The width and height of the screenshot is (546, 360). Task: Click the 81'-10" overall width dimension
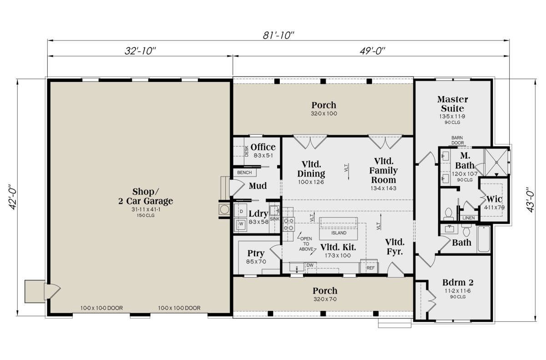pos(278,35)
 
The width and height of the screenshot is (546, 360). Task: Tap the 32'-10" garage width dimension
pos(140,51)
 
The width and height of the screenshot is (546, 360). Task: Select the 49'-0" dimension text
pos(373,51)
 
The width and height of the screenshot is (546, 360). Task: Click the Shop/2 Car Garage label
pos(146,197)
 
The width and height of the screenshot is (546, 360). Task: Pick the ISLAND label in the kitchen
pos(339,233)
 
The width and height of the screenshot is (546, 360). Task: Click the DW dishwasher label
pos(310,265)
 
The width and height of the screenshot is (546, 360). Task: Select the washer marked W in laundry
pos(241,224)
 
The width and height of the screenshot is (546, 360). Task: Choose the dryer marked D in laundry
pos(241,211)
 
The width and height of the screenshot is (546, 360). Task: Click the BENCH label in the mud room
pos(244,172)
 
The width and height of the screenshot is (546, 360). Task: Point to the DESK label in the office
pos(247,151)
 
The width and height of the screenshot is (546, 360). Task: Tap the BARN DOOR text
pos(458,140)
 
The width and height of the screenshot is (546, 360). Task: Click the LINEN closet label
pos(469,218)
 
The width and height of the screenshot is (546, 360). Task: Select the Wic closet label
pos(494,199)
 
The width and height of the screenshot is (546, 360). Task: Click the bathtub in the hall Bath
pos(484,239)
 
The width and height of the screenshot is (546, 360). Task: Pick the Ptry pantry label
pos(256,253)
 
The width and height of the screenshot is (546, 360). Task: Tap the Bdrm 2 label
pos(458,283)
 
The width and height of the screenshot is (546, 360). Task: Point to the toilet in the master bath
pos(448,213)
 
